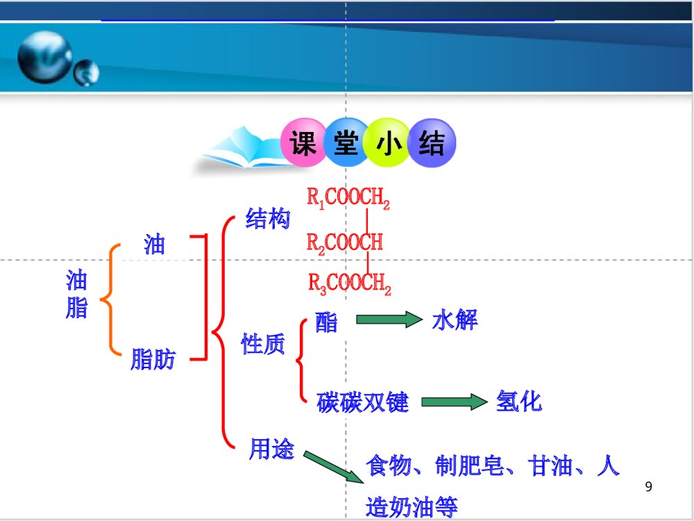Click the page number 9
[649, 486]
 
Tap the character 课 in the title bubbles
[303, 144]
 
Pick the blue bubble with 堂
[346, 144]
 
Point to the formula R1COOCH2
[348, 199]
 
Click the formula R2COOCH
[345, 242]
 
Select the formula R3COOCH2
[350, 283]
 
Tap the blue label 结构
[267, 220]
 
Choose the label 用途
[271, 450]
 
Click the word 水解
[455, 320]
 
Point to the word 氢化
[518, 401]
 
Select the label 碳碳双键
[362, 402]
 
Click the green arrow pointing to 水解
[389, 320]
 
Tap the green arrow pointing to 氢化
[454, 402]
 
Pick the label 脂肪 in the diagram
[153, 360]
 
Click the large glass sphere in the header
[44, 57]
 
